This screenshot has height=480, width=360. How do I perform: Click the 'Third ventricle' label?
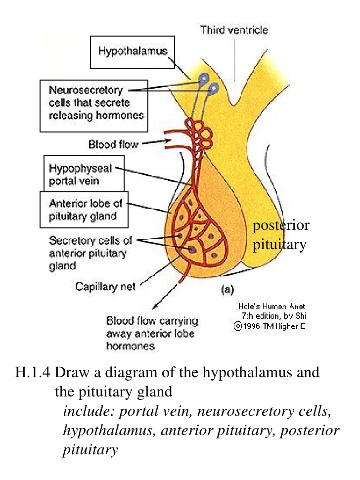234,30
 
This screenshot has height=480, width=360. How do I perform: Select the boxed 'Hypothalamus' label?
133,51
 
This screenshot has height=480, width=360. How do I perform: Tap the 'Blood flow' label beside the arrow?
113,145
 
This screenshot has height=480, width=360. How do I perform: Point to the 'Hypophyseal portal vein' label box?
84,174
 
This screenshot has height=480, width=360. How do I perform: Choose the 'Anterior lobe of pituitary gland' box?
84,209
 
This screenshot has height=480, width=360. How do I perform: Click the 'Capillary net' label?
105,286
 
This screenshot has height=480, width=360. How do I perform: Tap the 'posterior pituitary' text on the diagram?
280,235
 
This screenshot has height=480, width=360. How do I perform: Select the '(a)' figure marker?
227,290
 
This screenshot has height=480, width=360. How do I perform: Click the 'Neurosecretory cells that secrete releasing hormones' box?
93,103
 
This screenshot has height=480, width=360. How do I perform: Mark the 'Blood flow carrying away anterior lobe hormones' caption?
152,333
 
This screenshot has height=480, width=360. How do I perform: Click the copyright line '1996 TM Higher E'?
270,326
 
